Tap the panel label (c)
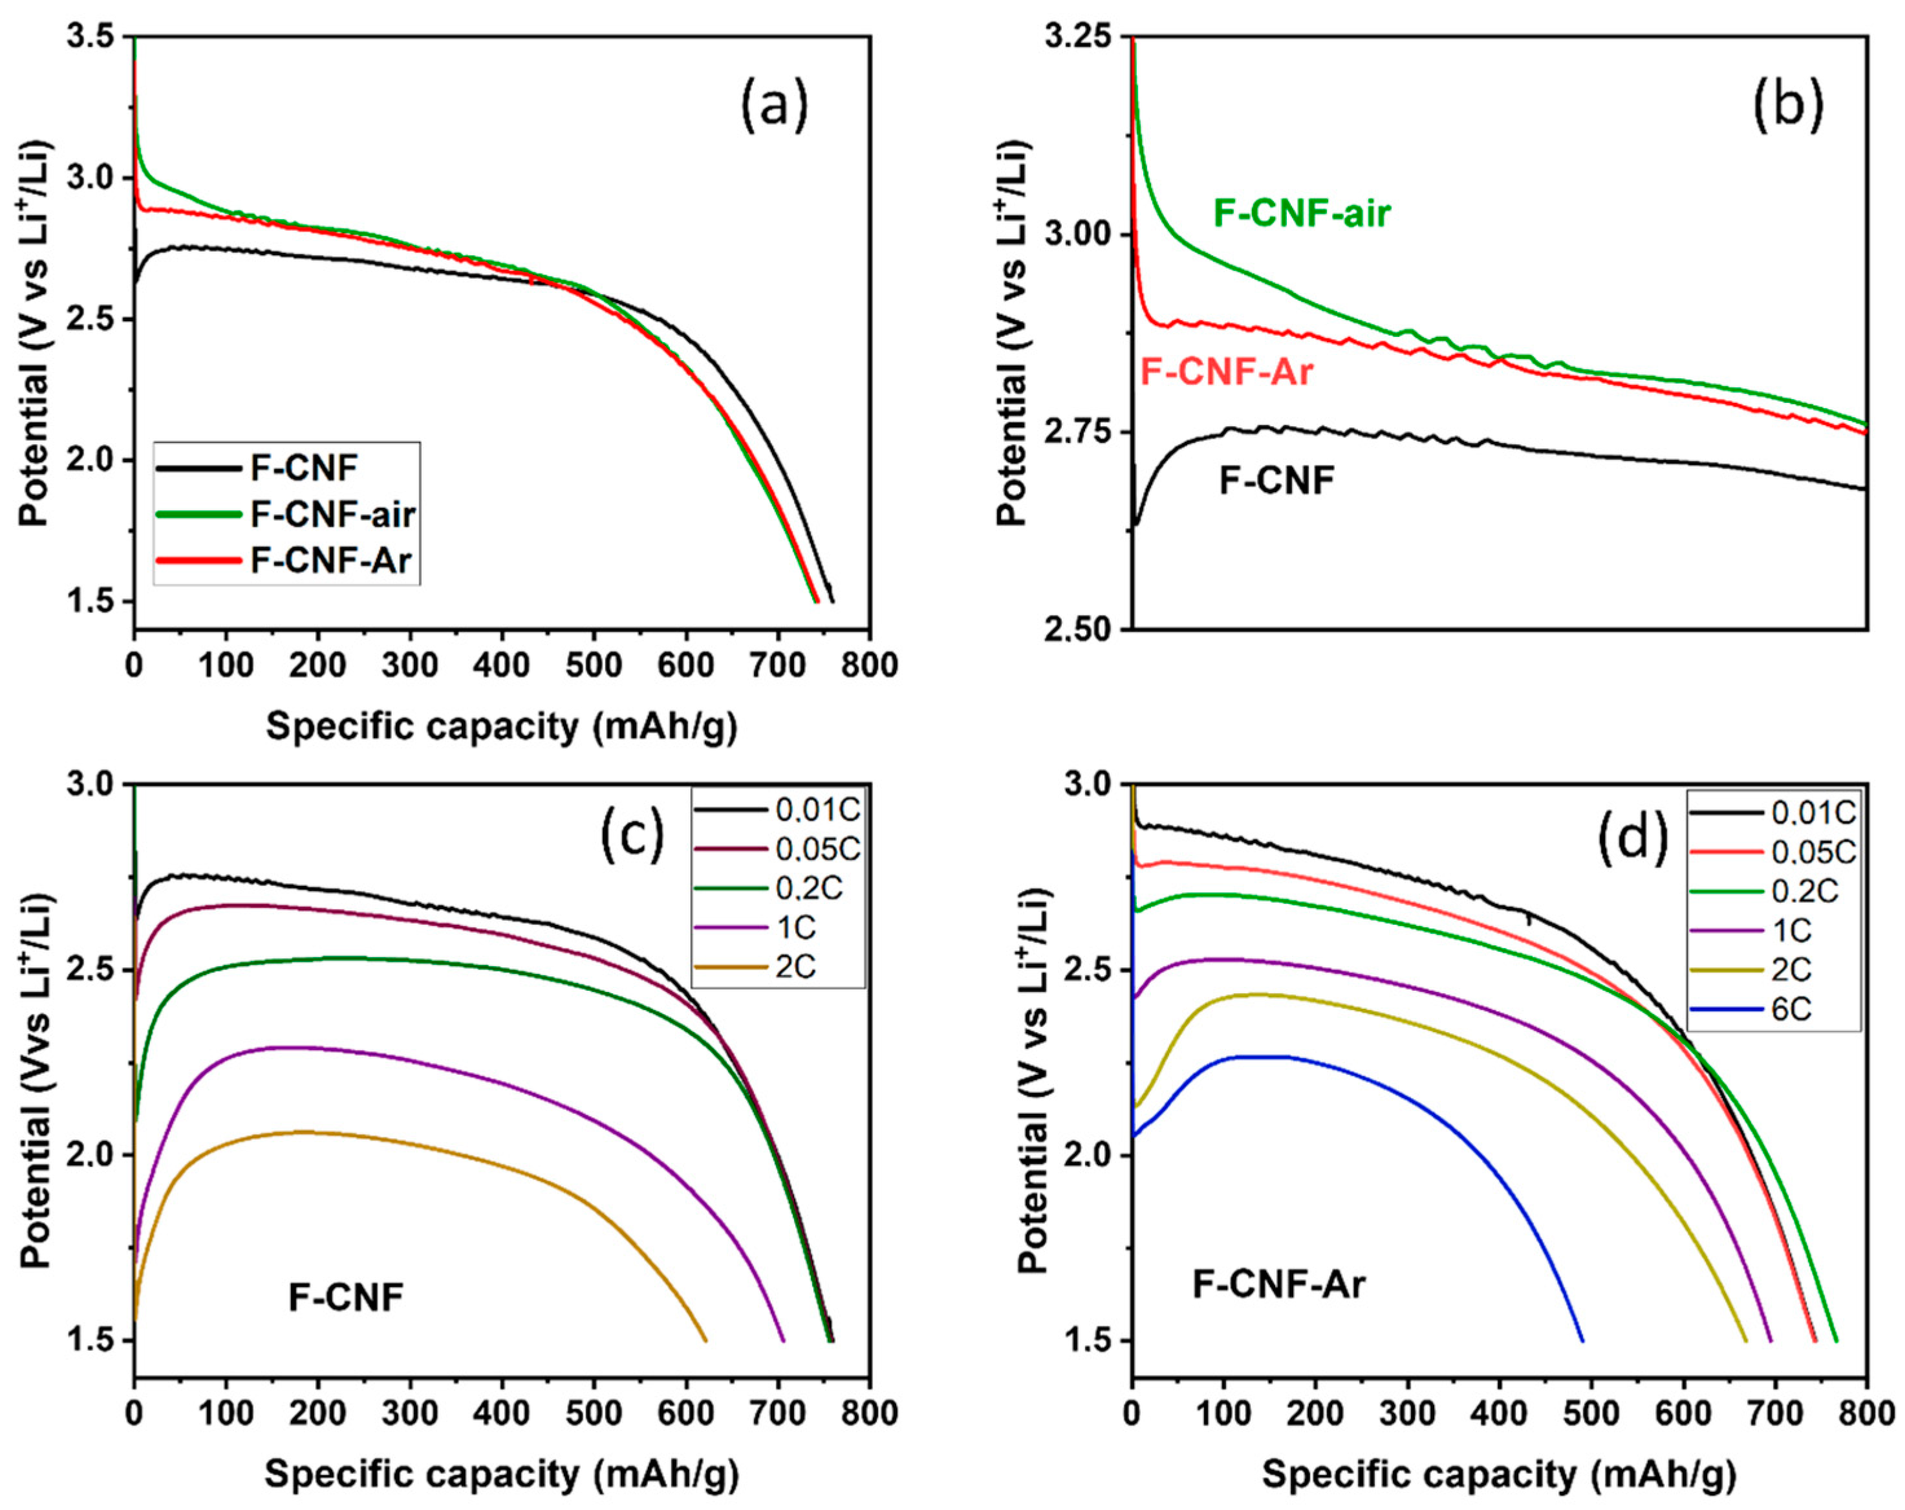[632, 835]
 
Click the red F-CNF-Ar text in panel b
[1227, 372]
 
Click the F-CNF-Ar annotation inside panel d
[1278, 1284]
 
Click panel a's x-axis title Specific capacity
[501, 726]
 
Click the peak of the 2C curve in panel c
[301, 1131]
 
